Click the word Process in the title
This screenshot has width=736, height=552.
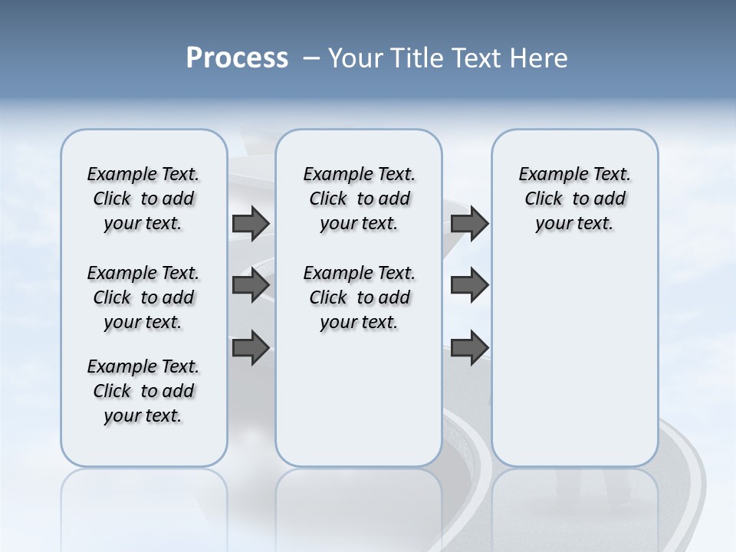[237, 58]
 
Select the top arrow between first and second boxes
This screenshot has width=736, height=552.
[250, 223]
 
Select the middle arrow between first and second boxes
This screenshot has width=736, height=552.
[250, 285]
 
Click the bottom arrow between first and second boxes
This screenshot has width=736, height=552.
[250, 347]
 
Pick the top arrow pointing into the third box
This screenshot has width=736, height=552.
[469, 223]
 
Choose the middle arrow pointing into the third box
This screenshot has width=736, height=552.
[469, 285]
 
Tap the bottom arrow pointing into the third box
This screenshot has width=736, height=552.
[469, 347]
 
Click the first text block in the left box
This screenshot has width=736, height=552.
[143, 199]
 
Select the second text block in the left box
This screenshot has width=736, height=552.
[143, 297]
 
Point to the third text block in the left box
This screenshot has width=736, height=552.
[143, 391]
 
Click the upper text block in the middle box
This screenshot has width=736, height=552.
[360, 199]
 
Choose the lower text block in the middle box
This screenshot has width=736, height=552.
[360, 297]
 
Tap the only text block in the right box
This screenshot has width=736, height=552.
[575, 199]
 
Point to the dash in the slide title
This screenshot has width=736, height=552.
[311, 58]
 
